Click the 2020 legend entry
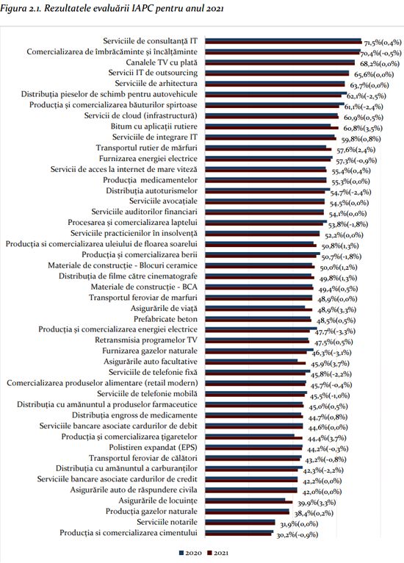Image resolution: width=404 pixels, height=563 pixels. [x=190, y=553]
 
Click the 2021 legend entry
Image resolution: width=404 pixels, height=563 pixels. [x=217, y=553]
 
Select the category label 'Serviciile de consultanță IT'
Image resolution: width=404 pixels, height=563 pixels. [x=150, y=41]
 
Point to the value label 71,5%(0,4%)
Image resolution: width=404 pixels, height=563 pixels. [x=383, y=43]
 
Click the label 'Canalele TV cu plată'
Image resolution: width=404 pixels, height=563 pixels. [x=162, y=62]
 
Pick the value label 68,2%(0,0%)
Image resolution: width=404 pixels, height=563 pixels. [x=380, y=64]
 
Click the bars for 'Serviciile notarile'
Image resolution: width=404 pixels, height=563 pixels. [x=240, y=523]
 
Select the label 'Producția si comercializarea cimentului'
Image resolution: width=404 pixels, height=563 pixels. [x=129, y=533]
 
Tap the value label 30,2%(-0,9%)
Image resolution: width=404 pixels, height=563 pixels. [x=297, y=535]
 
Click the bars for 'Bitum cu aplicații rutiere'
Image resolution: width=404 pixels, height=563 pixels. [x=272, y=126]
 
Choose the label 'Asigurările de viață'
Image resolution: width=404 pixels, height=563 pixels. [x=164, y=309]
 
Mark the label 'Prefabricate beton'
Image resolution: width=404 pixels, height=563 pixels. [x=165, y=319]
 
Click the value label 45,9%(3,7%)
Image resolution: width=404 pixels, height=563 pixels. [x=330, y=364]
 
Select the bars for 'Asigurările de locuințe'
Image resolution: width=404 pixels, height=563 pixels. [x=248, y=501]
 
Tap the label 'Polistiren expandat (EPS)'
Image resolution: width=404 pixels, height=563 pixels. [x=154, y=448]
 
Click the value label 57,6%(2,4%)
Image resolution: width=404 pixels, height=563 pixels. [x=356, y=150]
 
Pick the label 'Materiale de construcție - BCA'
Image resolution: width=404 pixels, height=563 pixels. [x=144, y=287]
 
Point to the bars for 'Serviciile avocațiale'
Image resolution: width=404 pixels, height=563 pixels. [x=264, y=201]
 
